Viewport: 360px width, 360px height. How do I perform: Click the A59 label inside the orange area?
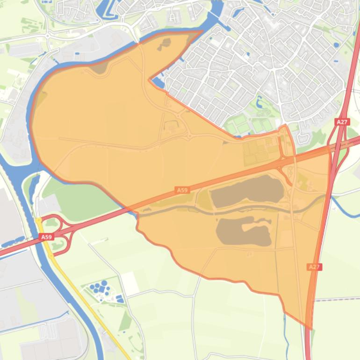182,190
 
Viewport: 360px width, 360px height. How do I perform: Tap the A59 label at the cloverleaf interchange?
46,238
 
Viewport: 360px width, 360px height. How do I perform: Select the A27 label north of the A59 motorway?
342,122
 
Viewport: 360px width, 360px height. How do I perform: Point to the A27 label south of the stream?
314,267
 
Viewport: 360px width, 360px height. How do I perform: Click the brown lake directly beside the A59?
247,191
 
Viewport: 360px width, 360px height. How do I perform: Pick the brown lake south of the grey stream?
244,231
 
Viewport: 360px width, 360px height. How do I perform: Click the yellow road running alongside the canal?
84,299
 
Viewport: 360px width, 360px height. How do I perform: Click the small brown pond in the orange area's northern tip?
165,44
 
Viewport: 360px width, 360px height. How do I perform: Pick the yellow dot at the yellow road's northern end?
38,220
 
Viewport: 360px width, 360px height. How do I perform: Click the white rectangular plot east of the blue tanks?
130,283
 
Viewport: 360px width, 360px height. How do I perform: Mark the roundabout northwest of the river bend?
48,36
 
